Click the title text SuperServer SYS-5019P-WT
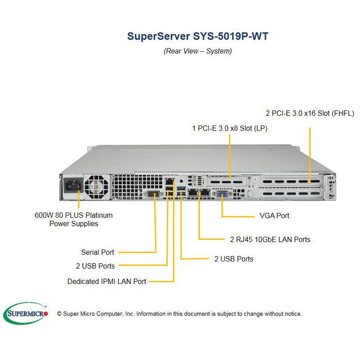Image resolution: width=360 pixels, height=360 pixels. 198,36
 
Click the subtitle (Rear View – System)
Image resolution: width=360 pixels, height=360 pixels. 198,51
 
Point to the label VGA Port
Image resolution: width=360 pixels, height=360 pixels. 274,216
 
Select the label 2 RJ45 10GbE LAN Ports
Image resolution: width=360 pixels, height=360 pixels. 270,239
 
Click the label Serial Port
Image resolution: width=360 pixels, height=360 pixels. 98,252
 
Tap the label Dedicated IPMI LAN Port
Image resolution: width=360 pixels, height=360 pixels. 107,282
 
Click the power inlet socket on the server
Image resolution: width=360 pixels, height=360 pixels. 73,185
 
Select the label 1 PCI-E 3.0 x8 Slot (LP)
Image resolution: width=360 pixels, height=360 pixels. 230,128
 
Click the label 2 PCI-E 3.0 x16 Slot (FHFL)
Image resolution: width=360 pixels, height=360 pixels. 310,113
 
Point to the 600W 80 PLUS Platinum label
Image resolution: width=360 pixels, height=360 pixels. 73,219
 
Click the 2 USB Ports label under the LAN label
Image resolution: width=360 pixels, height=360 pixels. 234,259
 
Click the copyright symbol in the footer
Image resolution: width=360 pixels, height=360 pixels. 59,314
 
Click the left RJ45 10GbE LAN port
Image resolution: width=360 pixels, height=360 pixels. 193,192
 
